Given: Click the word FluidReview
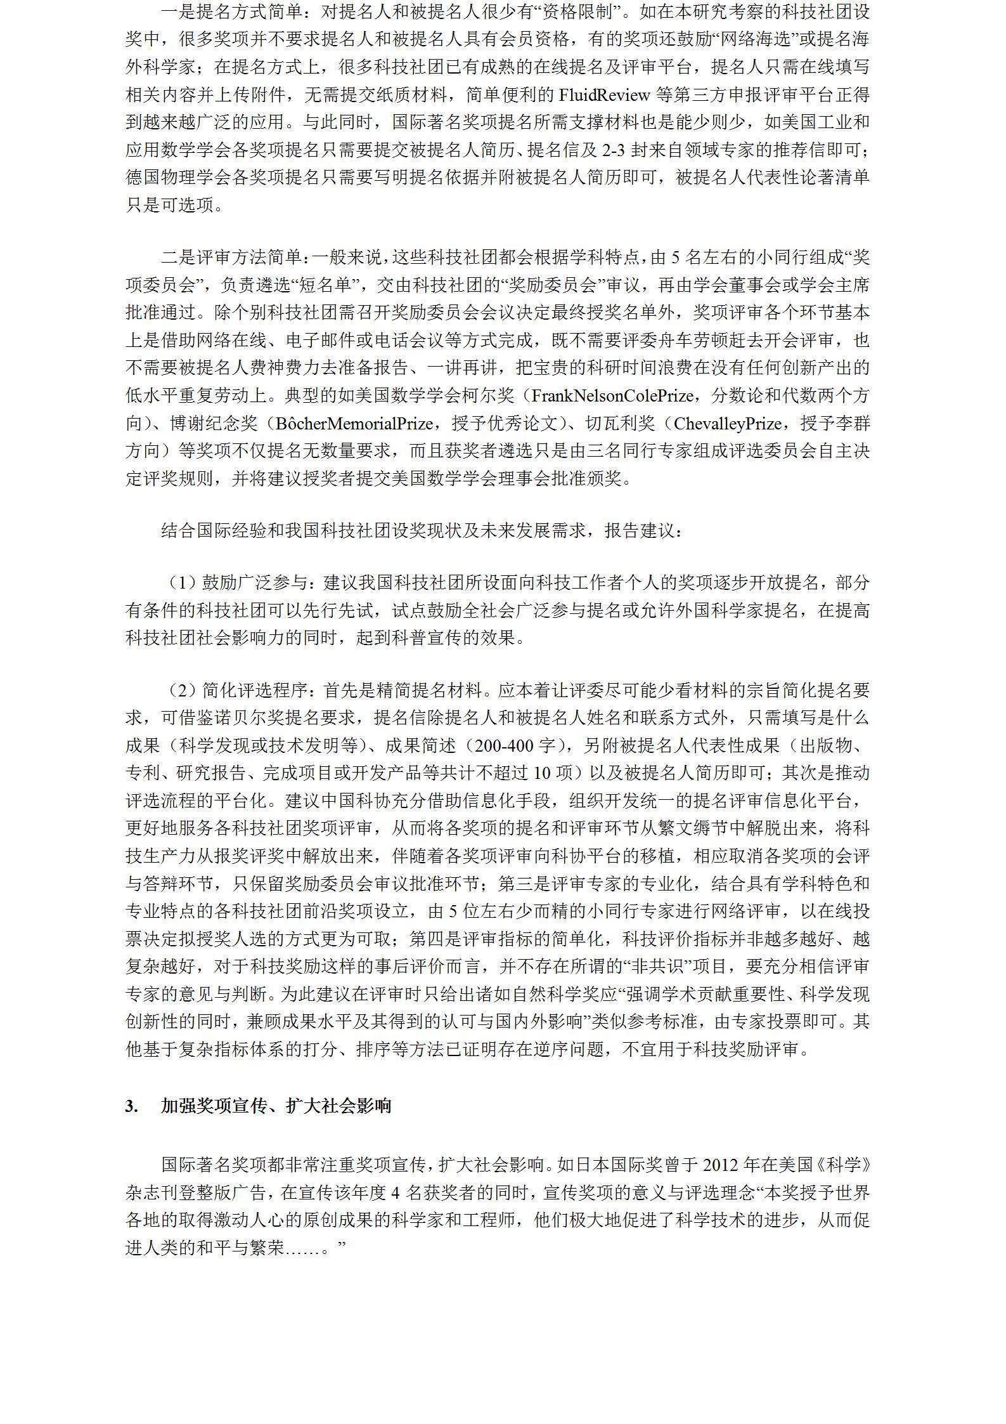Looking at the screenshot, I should click(x=604, y=95).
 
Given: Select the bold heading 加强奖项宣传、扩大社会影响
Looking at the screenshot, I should click(x=276, y=1106).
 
